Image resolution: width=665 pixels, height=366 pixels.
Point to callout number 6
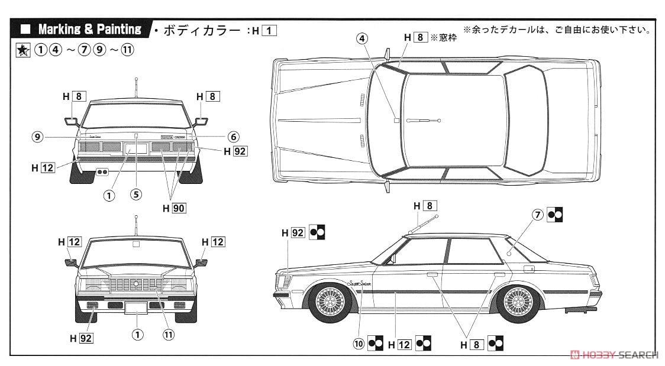[233, 136]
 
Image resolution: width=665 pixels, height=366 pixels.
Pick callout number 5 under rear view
[137, 193]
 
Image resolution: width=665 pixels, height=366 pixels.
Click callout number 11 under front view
[169, 335]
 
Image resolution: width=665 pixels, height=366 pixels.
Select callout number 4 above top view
[362, 38]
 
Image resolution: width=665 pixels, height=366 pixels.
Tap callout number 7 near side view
[537, 215]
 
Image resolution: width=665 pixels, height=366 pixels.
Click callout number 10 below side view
[359, 342]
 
